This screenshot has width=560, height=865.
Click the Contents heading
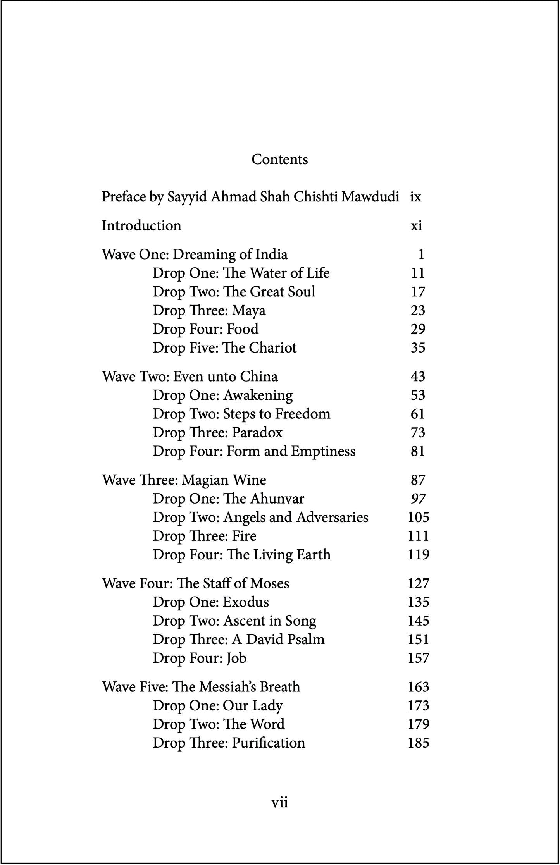click(279, 159)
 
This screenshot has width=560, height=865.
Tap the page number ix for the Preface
click(415, 197)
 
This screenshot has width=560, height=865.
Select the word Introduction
click(141, 225)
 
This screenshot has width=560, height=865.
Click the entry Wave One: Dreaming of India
click(195, 255)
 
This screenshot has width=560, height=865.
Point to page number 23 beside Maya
click(418, 310)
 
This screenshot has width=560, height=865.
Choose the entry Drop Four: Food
click(205, 329)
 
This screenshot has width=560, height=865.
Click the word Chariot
click(272, 347)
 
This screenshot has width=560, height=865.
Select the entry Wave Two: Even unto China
click(190, 377)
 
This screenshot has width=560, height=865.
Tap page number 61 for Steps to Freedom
click(418, 414)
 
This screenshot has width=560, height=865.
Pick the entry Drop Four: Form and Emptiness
click(254, 451)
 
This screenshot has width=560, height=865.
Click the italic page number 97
click(418, 499)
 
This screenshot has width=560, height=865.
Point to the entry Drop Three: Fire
click(204, 536)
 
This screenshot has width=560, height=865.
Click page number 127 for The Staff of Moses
click(418, 583)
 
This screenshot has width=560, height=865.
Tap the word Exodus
click(246, 602)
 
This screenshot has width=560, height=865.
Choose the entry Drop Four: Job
click(200, 658)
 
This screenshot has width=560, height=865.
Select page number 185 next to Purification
click(418, 743)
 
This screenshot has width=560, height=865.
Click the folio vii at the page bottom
click(279, 802)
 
